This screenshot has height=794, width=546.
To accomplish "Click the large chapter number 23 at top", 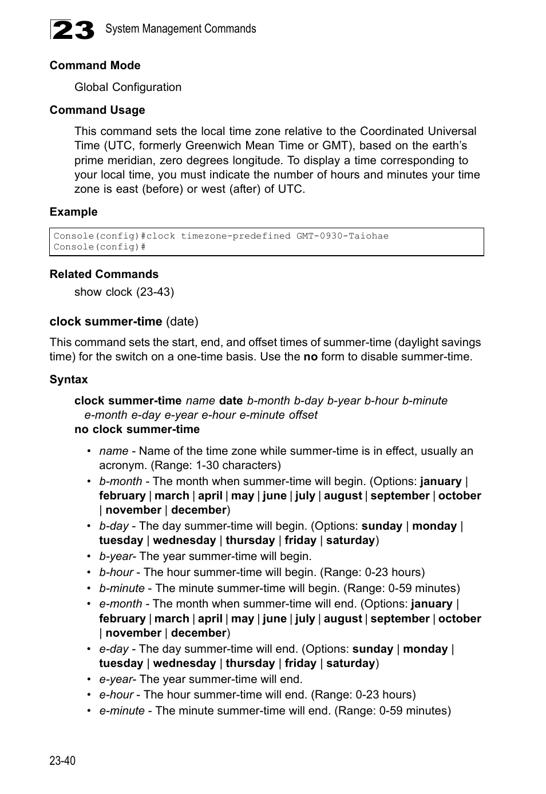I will tap(73, 30).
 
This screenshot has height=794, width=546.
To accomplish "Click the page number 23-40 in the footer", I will tap(62, 760).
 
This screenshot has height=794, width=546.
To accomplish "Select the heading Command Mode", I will tap(95, 66).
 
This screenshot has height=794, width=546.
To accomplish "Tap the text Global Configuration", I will tap(128, 88).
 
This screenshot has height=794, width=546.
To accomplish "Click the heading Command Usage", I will tap(97, 110).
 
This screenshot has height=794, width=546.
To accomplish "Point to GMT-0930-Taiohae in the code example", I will tap(342, 236).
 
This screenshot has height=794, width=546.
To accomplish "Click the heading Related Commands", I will tap(104, 275).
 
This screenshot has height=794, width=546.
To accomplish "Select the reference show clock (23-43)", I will tap(124, 292).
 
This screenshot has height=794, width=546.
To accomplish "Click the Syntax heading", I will tap(69, 380).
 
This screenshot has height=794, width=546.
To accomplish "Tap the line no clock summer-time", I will tap(137, 430).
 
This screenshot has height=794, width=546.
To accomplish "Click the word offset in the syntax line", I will tap(303, 415).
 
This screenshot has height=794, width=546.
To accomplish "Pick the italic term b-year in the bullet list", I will tap(115, 557).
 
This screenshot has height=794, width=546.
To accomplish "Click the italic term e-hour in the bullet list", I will tap(116, 695).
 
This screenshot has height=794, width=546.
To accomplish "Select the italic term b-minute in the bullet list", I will tap(121, 589).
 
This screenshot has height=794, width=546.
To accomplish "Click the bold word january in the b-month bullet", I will tap(440, 482).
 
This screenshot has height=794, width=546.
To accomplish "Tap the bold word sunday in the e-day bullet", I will tap(372, 649).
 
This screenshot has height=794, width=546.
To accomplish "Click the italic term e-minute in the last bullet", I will tap(121, 711).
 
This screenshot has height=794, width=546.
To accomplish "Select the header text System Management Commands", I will tap(180, 29).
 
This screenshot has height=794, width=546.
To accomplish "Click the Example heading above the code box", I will tap(73, 212).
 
